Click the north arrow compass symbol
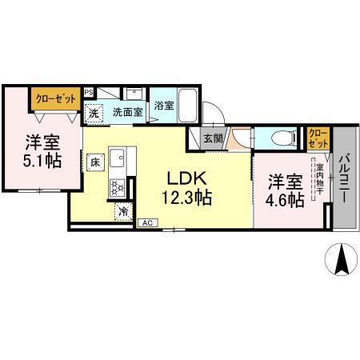[342, 260]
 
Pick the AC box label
[147, 222]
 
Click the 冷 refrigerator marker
[124, 211]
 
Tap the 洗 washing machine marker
[94, 114]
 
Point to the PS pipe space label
[89, 92]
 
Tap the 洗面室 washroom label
[127, 113]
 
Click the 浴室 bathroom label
[163, 105]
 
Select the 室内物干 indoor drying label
[319, 182]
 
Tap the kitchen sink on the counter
[117, 156]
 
